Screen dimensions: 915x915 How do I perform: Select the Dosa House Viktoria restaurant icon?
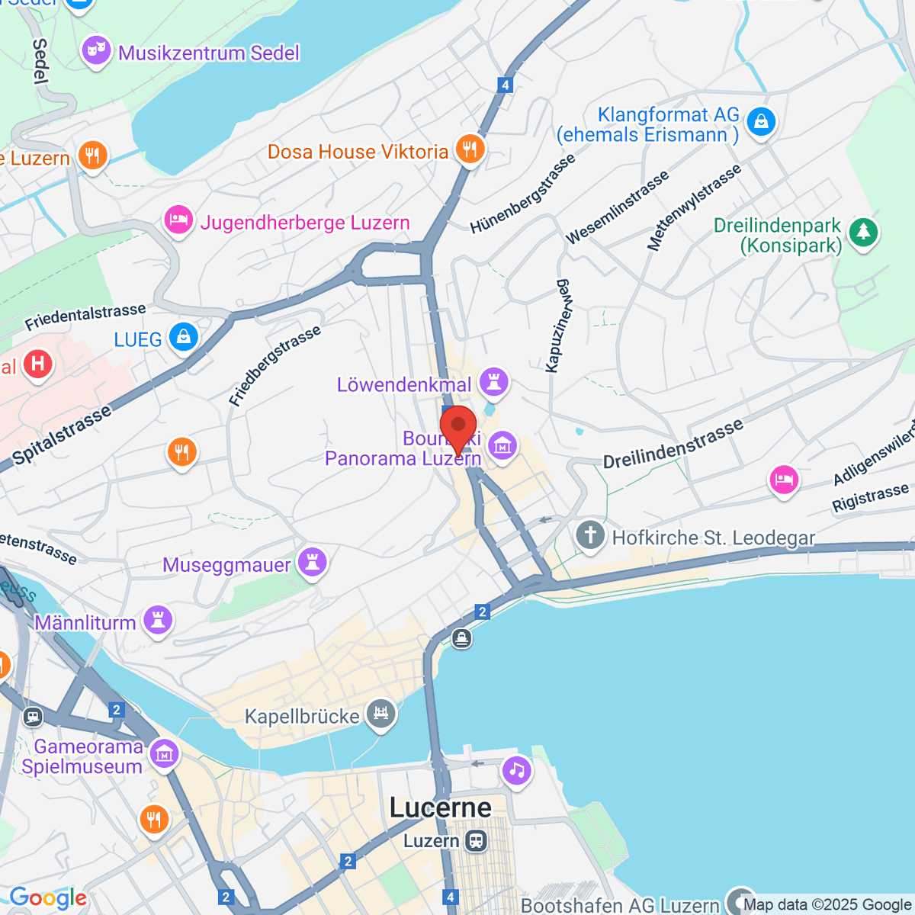coord(470,149)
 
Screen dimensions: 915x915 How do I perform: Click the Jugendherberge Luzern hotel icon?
coord(178,221)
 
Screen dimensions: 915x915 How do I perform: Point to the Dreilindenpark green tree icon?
coord(863,232)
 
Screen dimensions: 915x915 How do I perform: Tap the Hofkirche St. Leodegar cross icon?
coord(590,535)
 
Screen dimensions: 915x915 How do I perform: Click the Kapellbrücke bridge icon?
coord(380,714)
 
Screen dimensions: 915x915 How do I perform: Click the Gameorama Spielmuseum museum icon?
coord(164,754)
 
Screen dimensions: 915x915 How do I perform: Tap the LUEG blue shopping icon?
coord(183,337)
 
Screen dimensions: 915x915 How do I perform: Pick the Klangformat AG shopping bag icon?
coord(760,121)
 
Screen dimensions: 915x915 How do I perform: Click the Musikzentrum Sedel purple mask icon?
coord(96,51)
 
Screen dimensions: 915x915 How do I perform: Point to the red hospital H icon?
coord(37,364)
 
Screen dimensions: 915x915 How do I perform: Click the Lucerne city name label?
coord(440,808)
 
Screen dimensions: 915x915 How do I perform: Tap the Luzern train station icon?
coord(477,841)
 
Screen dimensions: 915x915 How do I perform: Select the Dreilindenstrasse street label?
coord(673,444)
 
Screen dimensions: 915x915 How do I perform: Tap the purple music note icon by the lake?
coord(516,770)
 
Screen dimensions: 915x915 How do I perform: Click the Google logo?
coord(47,898)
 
